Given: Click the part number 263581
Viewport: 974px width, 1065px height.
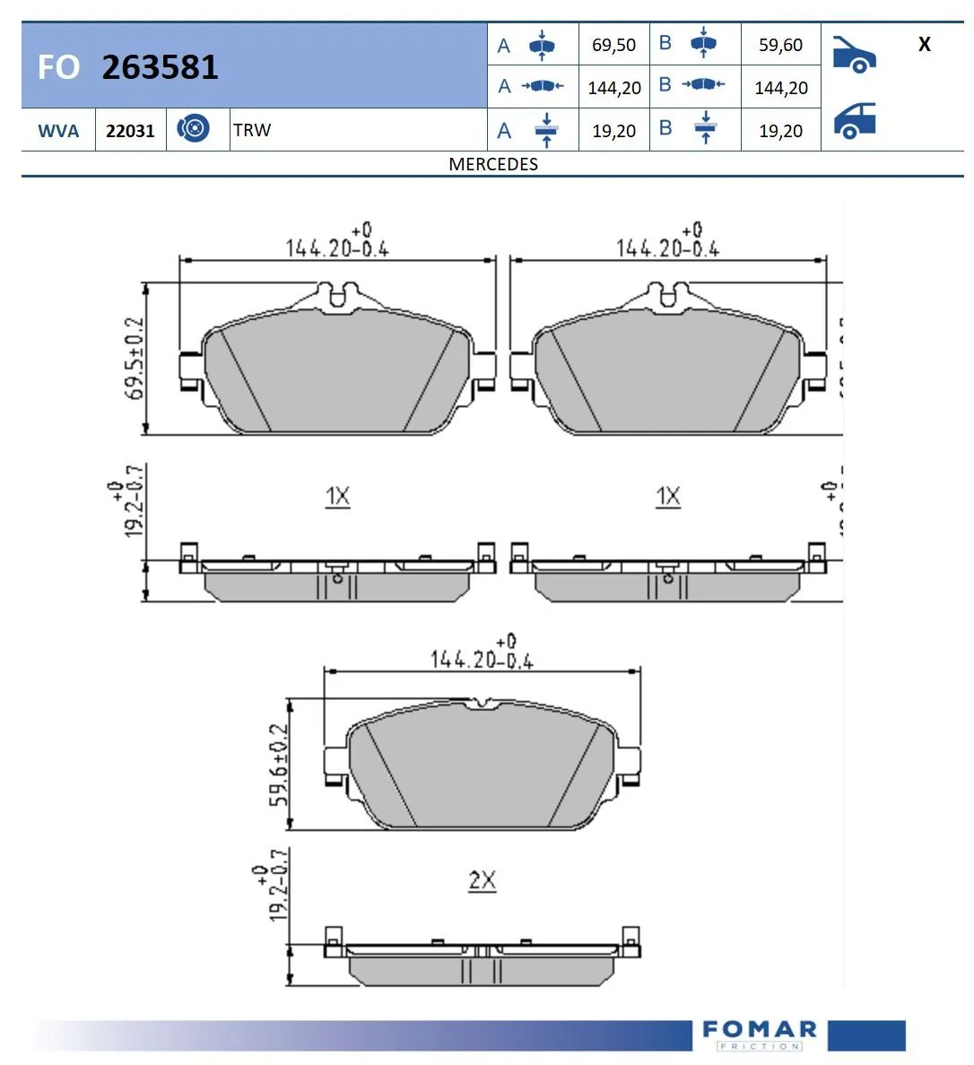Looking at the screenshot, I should click(160, 67).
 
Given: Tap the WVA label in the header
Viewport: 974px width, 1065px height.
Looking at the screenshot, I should click(58, 131).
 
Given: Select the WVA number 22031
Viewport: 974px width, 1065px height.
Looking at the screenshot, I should click(130, 131).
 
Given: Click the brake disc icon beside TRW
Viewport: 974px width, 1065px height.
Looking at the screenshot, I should click(193, 129).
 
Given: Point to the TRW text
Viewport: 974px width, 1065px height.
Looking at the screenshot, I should click(252, 130).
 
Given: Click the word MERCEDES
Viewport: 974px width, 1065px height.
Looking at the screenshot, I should click(493, 164).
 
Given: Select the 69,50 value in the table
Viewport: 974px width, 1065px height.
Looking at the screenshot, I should click(613, 45).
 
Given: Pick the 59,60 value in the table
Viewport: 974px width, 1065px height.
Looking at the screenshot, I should click(780, 45).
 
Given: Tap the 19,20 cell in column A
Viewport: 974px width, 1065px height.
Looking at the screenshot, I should click(613, 131).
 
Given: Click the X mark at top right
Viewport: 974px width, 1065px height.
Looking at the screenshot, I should click(924, 44).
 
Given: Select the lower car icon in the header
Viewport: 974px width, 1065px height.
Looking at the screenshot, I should click(854, 121).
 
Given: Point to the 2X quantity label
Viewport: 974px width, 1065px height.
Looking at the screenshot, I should click(483, 880).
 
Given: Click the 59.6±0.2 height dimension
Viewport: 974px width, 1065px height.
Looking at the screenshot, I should click(280, 764).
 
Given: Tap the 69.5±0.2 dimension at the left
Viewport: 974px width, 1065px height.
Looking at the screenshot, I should click(135, 358).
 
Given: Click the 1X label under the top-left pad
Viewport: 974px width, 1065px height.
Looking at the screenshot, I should click(337, 496).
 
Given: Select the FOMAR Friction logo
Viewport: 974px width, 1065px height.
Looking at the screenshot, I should click(759, 1035).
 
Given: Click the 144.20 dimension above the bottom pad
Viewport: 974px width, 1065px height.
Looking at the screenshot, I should click(482, 659).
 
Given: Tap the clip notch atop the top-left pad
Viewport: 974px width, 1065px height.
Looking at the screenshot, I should click(337, 295).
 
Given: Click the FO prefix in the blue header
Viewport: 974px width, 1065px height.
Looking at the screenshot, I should click(58, 67).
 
